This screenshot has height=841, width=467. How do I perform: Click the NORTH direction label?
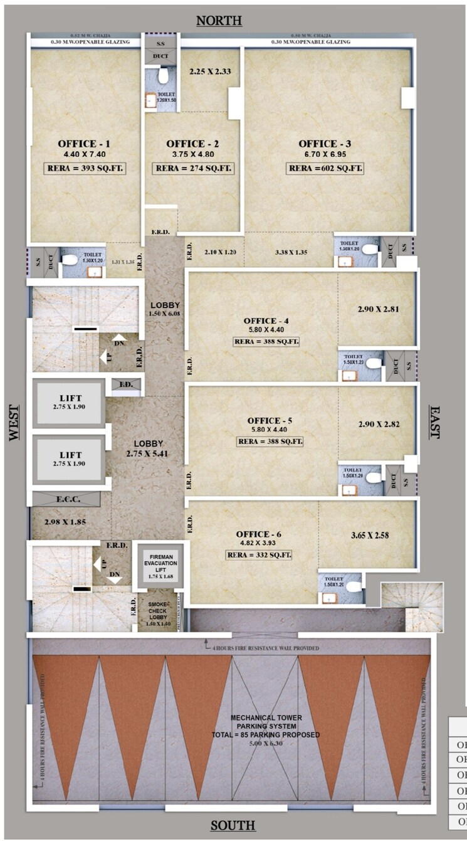click(219, 21)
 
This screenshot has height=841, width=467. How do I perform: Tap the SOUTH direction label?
click(233, 825)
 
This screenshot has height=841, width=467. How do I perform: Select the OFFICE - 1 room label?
click(84, 144)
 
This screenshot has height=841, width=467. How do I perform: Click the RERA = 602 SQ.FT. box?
click(325, 168)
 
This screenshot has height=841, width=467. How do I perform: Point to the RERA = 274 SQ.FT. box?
click(192, 168)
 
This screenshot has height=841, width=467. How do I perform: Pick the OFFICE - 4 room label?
click(266, 320)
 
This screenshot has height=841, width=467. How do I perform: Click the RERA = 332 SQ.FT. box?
click(260, 555)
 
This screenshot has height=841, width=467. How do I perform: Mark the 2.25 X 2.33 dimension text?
click(210, 71)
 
